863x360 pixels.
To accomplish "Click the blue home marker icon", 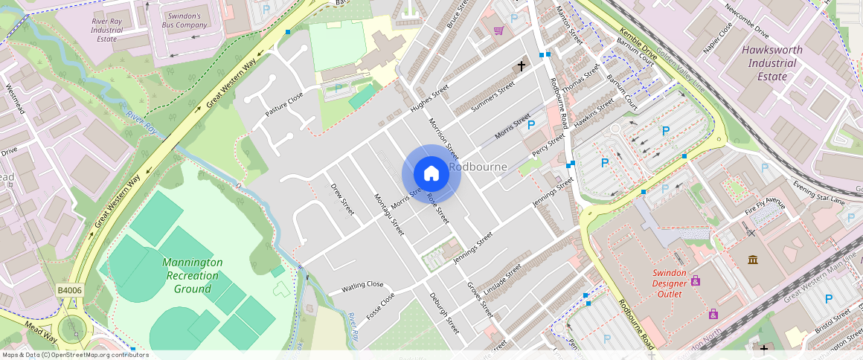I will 431,174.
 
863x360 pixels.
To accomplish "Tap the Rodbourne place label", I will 478,167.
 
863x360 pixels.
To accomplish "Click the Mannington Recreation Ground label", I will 192,275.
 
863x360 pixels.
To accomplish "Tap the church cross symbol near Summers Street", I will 521,66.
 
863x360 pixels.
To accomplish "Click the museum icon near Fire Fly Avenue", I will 753,260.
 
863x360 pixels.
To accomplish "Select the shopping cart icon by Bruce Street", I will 498,30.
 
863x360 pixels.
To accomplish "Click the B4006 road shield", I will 68,290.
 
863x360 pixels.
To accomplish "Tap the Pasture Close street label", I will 284,106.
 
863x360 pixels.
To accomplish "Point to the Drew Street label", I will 341,200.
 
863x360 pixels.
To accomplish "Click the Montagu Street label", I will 388,215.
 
